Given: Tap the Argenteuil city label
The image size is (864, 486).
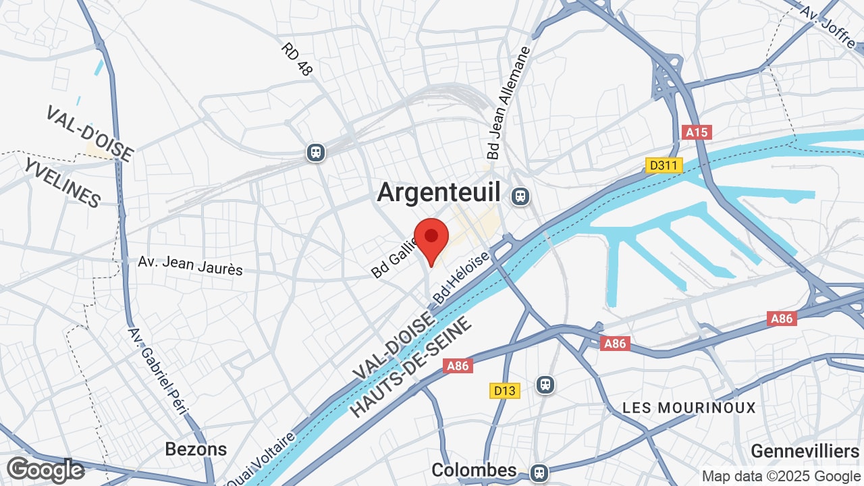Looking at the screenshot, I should click(x=439, y=192).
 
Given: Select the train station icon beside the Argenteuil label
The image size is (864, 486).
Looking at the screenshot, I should click(x=520, y=196).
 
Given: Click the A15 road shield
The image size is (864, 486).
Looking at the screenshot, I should click(x=697, y=132).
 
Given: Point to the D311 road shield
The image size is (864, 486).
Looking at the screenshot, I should click(x=664, y=165).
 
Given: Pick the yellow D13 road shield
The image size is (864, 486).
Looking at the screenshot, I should click(x=504, y=390).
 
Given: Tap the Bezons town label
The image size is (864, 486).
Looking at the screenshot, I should click(x=196, y=449).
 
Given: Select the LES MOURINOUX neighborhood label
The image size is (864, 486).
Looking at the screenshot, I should click(x=689, y=408).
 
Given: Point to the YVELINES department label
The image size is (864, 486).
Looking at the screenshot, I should click(x=62, y=184).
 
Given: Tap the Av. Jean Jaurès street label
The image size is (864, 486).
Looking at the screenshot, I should click(x=190, y=265).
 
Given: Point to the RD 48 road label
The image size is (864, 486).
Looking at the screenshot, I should click(x=296, y=59).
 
